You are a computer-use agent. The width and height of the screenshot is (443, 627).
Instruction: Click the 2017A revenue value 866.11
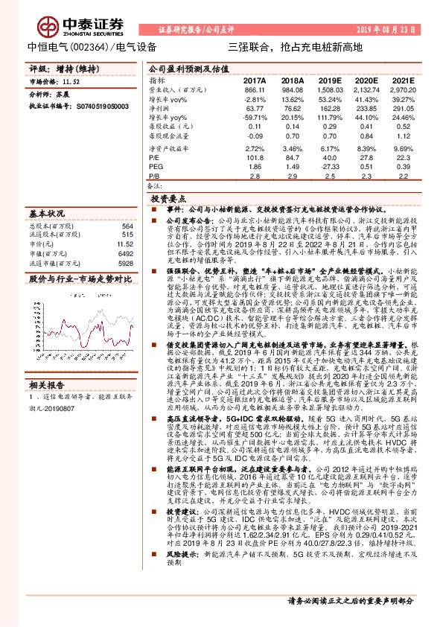255,89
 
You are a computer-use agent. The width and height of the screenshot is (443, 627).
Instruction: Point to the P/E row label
154,158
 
